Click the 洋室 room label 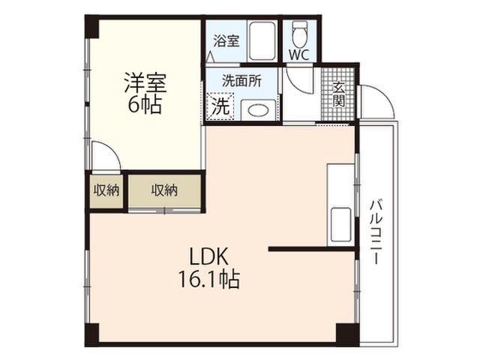click(145, 82)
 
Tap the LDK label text click(209, 256)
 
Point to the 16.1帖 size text click(209, 278)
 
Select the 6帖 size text click(145, 105)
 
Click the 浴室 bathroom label click(226, 40)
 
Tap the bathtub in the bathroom click(262, 41)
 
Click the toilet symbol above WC click(299, 34)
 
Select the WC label click(299, 55)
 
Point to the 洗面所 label click(241, 81)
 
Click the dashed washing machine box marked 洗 click(220, 106)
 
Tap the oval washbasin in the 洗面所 click(258, 110)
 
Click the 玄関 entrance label click(338, 94)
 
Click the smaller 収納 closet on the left click(106, 191)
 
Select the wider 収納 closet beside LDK click(164, 191)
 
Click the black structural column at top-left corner click(92, 27)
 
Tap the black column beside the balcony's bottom click(347, 334)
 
